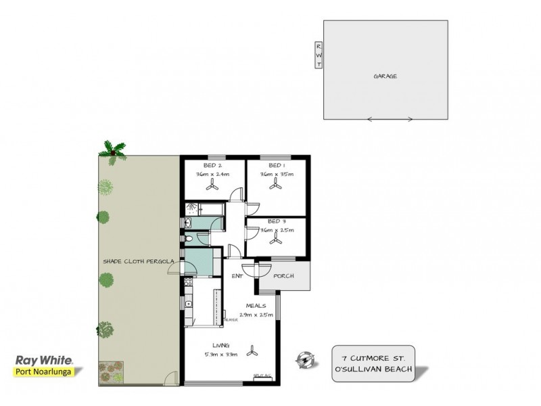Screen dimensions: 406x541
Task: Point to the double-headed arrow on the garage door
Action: pos(390,120)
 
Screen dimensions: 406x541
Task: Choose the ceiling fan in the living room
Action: pos(254,350)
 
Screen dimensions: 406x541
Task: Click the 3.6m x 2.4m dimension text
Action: pos(213,175)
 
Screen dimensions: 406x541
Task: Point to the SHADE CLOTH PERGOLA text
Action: pos(139,261)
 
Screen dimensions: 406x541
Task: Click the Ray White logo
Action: pos(45,361)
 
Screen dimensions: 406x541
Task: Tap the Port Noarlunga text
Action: pos(45,371)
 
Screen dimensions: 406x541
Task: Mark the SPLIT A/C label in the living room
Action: pos(261,375)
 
